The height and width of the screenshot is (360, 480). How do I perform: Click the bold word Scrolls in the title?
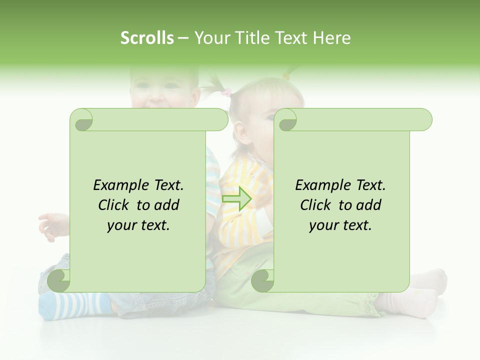147,38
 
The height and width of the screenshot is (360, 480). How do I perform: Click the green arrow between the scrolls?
236,198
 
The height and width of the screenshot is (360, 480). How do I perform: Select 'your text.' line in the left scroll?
138,225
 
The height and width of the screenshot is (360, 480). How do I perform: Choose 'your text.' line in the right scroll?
340,225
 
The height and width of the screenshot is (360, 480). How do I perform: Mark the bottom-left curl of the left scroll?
59,280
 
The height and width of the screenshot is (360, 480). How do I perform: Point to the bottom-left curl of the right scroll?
262,280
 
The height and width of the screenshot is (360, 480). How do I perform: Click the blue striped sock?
75,305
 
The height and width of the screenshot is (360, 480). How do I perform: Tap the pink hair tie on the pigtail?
227,92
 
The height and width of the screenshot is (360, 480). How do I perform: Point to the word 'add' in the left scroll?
167,205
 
